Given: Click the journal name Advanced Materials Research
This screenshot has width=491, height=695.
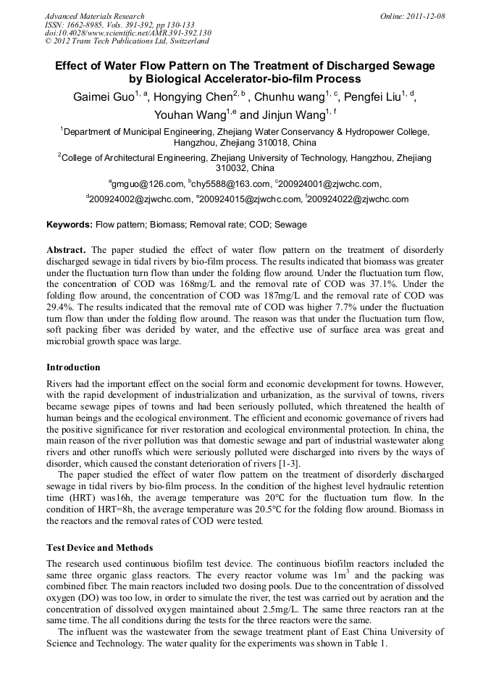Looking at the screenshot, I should [x=94, y=16].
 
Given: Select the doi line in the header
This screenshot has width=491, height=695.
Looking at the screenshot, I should [x=127, y=33].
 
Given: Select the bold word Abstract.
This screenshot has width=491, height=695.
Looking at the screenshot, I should [x=67, y=250].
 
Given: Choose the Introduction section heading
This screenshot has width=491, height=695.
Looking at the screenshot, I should [x=73, y=367].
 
